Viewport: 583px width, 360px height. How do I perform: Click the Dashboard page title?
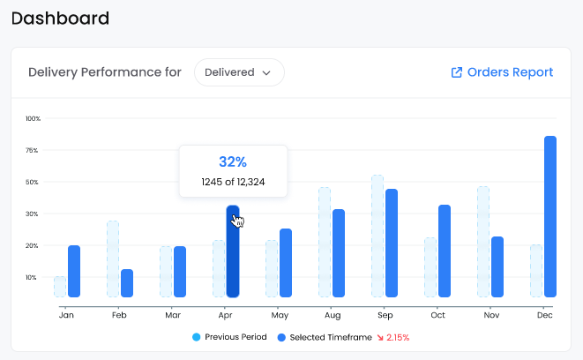60,19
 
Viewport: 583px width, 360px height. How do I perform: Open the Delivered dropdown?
239,72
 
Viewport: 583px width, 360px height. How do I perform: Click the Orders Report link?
502,72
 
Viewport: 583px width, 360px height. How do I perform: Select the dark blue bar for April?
233,251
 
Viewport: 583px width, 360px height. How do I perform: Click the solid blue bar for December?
550,216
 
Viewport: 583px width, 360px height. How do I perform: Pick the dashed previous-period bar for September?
377,236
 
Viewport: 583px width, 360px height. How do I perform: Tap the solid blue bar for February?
127,283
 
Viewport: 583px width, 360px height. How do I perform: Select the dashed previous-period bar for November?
483,242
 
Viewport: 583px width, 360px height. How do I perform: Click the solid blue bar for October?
445,251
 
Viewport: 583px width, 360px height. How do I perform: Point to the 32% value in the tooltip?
233,161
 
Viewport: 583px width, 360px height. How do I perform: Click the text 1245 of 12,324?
233,182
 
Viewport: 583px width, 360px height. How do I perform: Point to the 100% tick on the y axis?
33,118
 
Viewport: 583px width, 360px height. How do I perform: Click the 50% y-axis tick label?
32,183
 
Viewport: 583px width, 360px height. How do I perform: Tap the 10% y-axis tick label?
31,277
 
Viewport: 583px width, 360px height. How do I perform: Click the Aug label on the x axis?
333,315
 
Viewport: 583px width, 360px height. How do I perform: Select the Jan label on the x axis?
66,315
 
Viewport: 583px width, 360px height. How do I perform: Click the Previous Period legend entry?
229,337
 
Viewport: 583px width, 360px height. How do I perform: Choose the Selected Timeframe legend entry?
325,337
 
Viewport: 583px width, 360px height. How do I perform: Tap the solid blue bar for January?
74,271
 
